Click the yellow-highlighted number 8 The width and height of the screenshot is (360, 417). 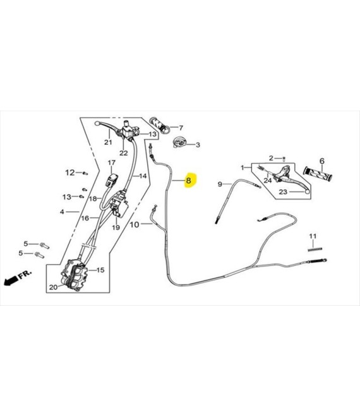pyautogui.click(x=188, y=181)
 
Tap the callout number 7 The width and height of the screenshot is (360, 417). pyautogui.click(x=181, y=128)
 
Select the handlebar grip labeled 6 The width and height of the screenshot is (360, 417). pyautogui.click(x=318, y=174)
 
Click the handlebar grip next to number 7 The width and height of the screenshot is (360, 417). pyautogui.click(x=160, y=125)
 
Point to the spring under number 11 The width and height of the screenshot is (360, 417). pyautogui.click(x=315, y=249)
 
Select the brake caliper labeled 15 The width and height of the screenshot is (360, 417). pyautogui.click(x=75, y=275)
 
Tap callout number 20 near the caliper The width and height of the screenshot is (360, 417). pyautogui.click(x=53, y=287)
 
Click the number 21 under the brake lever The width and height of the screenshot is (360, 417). pyautogui.click(x=108, y=142)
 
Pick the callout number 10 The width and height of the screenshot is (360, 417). pyautogui.click(x=135, y=225)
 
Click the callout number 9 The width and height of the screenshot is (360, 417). pyautogui.click(x=220, y=184)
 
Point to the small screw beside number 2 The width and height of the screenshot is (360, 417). pyautogui.click(x=284, y=159)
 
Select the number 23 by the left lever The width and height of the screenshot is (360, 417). pyautogui.click(x=283, y=191)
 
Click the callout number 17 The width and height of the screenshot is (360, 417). pyautogui.click(x=112, y=162)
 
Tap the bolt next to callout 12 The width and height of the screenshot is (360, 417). pyautogui.click(x=85, y=173)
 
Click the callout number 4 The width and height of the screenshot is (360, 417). pyautogui.click(x=62, y=212)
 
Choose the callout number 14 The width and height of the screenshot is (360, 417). pyautogui.click(x=143, y=176)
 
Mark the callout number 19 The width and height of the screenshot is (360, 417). pyautogui.click(x=116, y=227)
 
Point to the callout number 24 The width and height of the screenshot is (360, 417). pyautogui.click(x=268, y=181)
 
